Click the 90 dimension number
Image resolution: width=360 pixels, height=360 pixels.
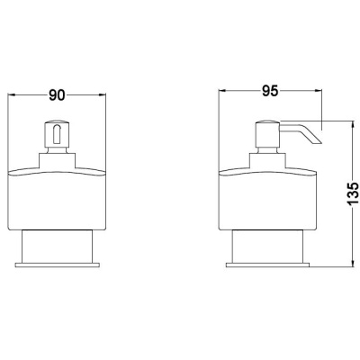[x=57, y=95]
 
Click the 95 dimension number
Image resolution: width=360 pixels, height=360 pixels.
[x=270, y=91]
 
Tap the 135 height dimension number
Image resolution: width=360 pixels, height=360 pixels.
[x=353, y=193]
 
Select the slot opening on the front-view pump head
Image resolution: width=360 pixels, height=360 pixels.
[x=57, y=133]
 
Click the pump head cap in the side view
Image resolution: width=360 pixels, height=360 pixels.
[x=267, y=134]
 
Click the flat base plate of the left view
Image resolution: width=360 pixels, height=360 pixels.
[x=57, y=265]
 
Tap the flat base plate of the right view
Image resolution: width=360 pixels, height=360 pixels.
[x=267, y=265]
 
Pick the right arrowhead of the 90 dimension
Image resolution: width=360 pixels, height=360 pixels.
[x=103, y=95]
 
